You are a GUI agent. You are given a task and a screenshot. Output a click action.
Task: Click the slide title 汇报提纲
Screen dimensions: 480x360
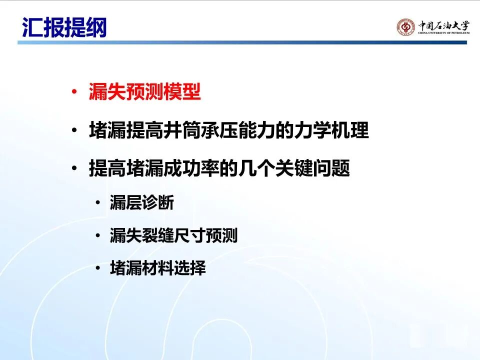(x=64, y=27)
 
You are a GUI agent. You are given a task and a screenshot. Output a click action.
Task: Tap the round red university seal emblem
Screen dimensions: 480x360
(x=406, y=27)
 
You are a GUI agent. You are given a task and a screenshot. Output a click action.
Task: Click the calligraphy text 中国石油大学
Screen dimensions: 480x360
(x=443, y=25)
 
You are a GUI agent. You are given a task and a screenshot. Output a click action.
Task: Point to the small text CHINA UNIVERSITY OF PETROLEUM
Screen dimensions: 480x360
(x=443, y=33)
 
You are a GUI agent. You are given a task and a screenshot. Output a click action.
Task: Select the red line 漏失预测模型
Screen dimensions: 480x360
(x=144, y=91)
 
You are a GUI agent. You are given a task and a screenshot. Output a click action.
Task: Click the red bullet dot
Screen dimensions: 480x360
(x=74, y=91)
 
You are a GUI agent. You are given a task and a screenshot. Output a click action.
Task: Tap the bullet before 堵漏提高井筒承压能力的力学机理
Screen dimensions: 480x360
(x=74, y=130)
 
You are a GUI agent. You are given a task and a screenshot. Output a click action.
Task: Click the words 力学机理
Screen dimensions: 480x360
(x=331, y=130)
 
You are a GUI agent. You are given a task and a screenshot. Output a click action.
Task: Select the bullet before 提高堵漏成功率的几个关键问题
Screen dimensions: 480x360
(x=74, y=168)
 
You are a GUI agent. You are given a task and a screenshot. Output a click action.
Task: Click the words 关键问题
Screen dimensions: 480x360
(x=313, y=168)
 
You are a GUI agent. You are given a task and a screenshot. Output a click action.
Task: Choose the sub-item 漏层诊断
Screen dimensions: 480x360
(x=141, y=202)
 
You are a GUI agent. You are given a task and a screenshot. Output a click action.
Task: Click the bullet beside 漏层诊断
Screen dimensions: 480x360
(x=97, y=202)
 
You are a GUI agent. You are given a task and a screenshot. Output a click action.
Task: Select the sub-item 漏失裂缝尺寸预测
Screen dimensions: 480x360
(x=173, y=235)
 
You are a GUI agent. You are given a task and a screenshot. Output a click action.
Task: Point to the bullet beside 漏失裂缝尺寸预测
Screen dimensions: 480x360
(x=97, y=235)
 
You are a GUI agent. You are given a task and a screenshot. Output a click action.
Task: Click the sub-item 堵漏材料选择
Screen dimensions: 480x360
(x=157, y=268)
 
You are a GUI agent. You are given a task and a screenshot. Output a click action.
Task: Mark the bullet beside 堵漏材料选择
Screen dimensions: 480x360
(x=97, y=268)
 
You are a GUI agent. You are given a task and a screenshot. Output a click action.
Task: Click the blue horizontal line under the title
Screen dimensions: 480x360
(x=242, y=42)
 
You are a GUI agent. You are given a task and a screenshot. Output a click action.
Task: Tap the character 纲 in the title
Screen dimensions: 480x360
(x=96, y=27)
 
